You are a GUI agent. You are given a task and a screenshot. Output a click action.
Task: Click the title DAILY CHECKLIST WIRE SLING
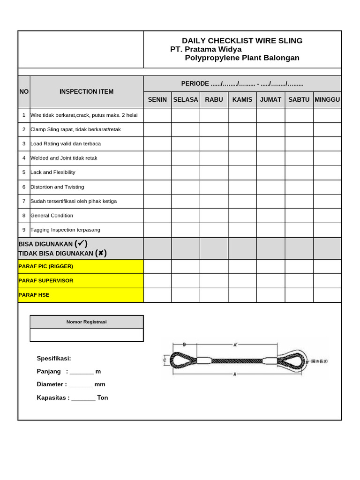click(x=242, y=41)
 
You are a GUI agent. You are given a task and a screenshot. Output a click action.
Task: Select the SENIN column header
click(x=157, y=100)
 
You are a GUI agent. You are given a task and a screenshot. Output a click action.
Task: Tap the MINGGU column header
click(x=327, y=100)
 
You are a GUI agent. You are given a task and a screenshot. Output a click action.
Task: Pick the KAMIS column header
click(x=242, y=100)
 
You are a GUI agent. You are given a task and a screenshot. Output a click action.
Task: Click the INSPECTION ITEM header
click(x=86, y=91)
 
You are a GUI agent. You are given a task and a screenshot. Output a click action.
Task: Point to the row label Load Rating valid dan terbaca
click(x=66, y=144)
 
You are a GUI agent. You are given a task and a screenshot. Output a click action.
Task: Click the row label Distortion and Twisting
click(x=57, y=187)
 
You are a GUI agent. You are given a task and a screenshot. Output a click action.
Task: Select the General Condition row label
click(x=52, y=216)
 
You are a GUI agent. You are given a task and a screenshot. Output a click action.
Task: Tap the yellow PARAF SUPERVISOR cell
click(x=81, y=281)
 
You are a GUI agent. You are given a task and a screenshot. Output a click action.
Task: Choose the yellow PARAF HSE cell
click(x=81, y=295)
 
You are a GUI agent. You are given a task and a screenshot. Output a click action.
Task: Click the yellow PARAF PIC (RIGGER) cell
click(x=81, y=266)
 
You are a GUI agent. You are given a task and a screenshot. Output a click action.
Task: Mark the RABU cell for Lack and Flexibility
click(x=214, y=172)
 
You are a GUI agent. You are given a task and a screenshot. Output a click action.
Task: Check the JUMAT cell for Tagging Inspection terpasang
click(x=270, y=230)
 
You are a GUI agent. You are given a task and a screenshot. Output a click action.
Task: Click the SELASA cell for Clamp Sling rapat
click(x=185, y=129)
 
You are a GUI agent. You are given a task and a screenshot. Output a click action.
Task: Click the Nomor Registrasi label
click(x=86, y=322)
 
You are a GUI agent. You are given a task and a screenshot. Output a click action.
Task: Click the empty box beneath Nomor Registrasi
click(x=86, y=335)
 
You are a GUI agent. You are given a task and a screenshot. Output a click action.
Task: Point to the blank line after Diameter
click(x=81, y=385)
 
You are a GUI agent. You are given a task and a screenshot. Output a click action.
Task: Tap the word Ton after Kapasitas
click(x=103, y=398)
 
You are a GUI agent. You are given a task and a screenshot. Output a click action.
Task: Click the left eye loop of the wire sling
click(x=180, y=360)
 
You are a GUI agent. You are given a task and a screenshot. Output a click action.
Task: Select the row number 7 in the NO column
click(x=24, y=201)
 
